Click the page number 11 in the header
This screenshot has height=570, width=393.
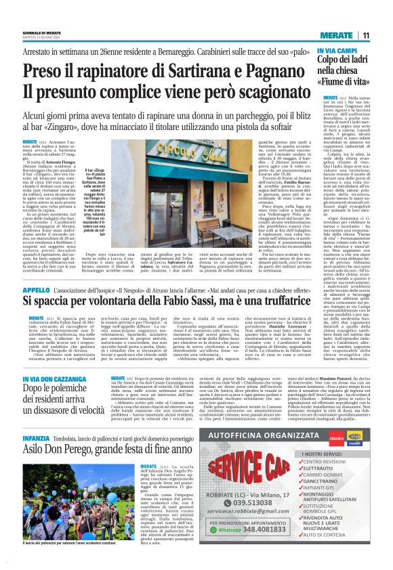point(365,35)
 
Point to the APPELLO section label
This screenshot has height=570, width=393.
point(36,289)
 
